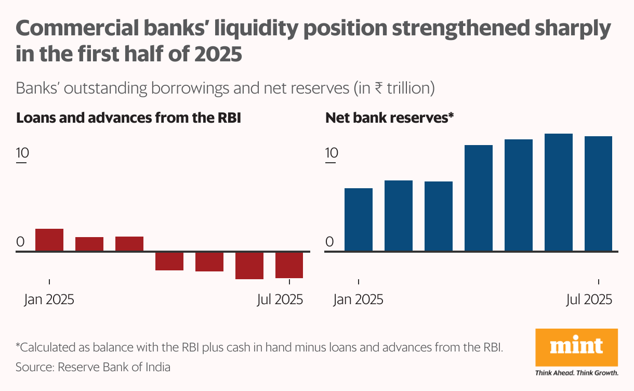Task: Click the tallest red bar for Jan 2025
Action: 49,240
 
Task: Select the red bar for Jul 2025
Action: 289,265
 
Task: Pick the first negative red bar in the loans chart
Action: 169,262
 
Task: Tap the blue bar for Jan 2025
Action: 359,219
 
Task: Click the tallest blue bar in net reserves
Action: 558,192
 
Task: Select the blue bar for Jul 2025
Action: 598,193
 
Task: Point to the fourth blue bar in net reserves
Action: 478,198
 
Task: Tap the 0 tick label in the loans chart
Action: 20,242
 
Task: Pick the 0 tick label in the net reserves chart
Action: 329,242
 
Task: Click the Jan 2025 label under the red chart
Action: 49,300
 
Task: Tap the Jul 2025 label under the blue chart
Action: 589,300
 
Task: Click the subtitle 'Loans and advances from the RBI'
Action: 128,118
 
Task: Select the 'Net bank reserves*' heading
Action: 390,118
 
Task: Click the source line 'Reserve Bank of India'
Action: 114,367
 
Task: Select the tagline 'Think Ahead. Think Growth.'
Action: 576,373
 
